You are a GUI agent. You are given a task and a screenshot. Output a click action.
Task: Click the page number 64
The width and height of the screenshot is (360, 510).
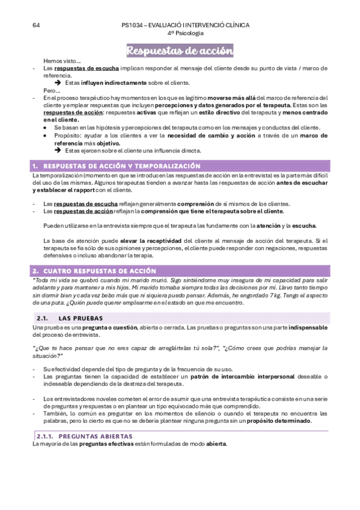tap(36, 25)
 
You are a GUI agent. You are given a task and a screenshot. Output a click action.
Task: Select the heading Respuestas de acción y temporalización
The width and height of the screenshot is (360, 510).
tap(121, 165)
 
